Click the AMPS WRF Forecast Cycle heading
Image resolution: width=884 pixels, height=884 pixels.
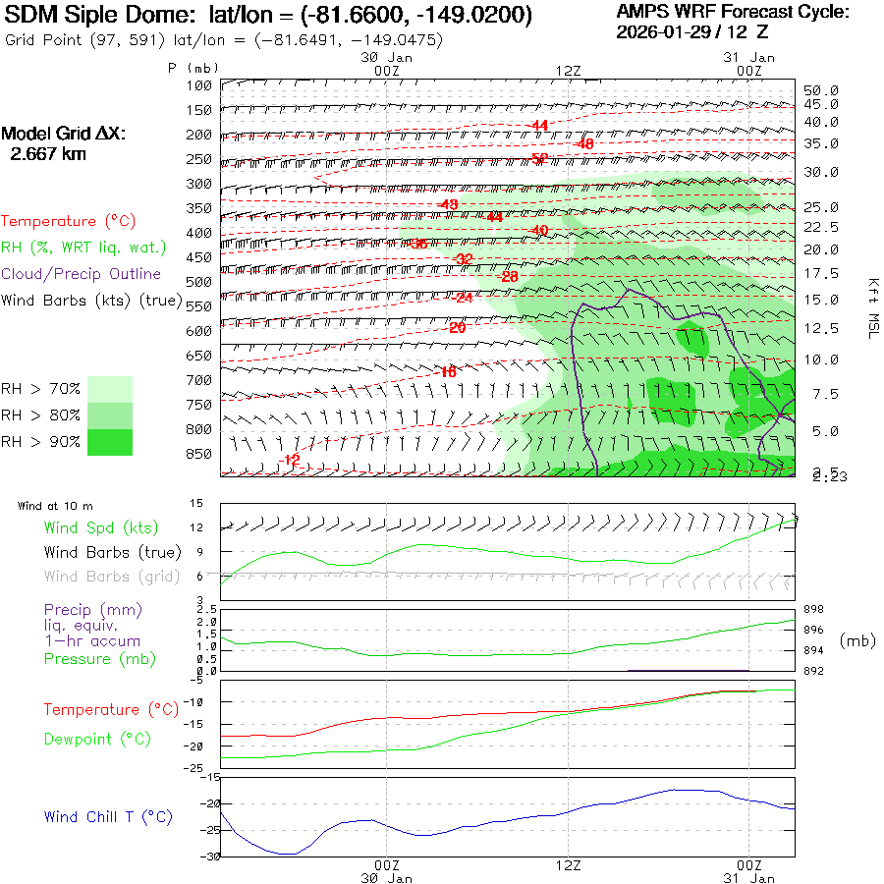732,12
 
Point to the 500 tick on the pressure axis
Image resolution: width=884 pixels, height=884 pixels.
199,282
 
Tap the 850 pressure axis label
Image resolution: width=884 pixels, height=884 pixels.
199,454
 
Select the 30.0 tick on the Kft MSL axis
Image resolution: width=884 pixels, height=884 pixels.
821,173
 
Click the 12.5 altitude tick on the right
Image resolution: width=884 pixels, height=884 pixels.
821,328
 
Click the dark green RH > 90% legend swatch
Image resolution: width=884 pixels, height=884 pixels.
109,442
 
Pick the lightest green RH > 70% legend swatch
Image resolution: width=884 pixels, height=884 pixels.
109,389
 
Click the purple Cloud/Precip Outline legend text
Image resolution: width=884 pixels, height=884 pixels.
82,274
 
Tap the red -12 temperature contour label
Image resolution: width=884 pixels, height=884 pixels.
290,461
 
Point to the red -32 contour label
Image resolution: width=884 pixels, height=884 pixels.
463,258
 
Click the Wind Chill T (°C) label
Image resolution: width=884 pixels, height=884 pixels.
108,817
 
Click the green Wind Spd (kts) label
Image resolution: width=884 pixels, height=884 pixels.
101,528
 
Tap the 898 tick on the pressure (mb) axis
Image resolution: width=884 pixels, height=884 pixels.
814,610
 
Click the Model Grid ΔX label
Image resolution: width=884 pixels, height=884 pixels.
64,134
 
